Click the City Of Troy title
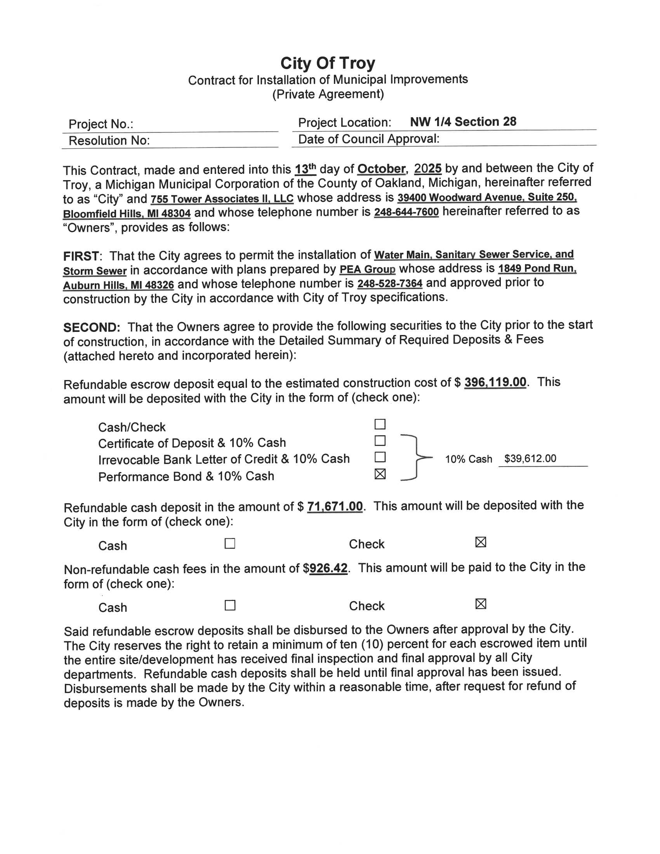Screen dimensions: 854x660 point(328,63)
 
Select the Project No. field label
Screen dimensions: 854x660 point(101,124)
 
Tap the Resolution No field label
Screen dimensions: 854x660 point(109,141)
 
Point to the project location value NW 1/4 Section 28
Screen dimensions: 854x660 point(463,122)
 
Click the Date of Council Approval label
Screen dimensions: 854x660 point(368,139)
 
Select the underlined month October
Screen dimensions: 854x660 point(381,169)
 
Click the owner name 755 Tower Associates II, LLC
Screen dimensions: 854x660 point(222,199)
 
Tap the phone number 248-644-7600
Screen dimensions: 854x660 point(406,212)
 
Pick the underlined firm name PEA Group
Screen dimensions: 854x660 point(367,270)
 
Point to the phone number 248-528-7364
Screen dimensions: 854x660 point(389,284)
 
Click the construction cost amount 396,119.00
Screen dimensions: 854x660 point(495,382)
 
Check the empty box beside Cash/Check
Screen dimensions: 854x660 point(380,424)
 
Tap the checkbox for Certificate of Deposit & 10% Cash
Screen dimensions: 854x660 point(380,441)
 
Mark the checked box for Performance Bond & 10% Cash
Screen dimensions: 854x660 point(380,474)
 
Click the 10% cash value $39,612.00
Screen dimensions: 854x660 point(530,459)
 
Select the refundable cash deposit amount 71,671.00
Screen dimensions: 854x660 point(335,507)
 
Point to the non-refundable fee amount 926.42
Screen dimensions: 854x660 point(328,569)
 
